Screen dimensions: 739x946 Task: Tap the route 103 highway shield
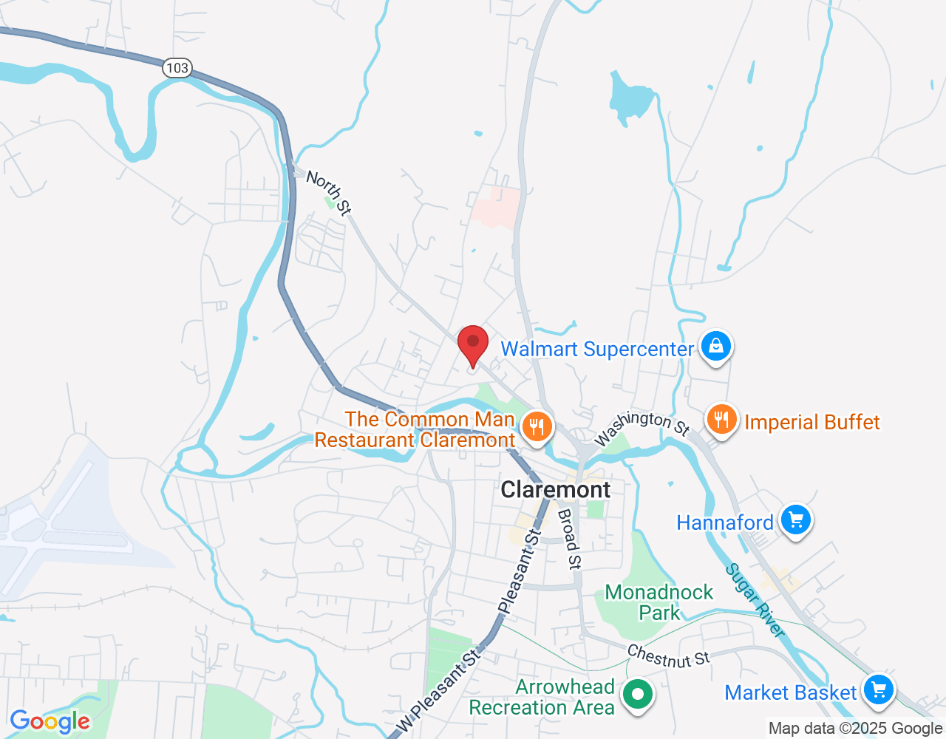(x=177, y=68)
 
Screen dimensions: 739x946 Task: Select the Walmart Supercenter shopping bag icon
(x=715, y=346)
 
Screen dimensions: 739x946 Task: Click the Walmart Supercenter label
(x=597, y=349)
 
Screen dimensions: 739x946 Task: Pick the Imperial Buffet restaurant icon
(x=721, y=420)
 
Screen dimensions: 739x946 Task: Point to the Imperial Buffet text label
(x=811, y=422)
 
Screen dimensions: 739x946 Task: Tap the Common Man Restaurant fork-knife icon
(x=537, y=426)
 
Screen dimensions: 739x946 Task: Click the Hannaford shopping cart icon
(x=795, y=520)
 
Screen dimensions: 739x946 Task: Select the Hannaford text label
(x=724, y=522)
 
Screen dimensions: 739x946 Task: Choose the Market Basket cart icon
(x=878, y=691)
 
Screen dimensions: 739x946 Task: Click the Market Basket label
(x=790, y=692)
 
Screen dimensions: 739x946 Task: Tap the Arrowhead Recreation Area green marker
(x=636, y=695)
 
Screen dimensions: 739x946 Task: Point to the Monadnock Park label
(x=659, y=602)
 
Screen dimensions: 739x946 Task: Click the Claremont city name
(x=556, y=489)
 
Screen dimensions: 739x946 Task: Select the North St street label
(x=329, y=192)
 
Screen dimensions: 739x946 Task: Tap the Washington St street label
(x=642, y=428)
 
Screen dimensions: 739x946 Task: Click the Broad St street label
(x=568, y=539)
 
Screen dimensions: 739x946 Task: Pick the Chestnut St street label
(x=668, y=655)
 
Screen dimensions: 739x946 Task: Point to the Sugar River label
(x=755, y=600)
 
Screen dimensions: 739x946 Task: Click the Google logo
(x=50, y=721)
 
